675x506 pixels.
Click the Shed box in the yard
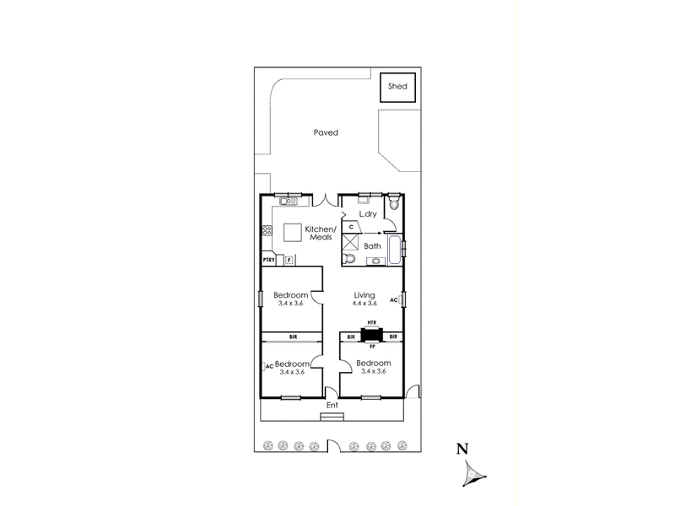397,88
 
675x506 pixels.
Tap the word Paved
326,132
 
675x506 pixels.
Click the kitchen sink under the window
289,201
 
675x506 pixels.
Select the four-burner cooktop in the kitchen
267,230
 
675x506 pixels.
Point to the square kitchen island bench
293,233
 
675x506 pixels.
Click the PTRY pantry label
268,260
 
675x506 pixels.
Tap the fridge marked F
289,260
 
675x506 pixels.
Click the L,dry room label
368,214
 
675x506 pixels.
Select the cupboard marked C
352,227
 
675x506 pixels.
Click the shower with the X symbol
350,242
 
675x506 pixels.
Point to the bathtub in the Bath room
395,250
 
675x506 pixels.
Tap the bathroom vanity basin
375,261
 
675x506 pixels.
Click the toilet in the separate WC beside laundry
393,202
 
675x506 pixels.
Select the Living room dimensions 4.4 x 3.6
364,304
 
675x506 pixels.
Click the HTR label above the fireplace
372,323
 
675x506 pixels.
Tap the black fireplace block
371,334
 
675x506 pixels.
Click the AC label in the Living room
393,300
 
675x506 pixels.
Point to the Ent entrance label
332,406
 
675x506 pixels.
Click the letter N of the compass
462,449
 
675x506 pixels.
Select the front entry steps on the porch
332,417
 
